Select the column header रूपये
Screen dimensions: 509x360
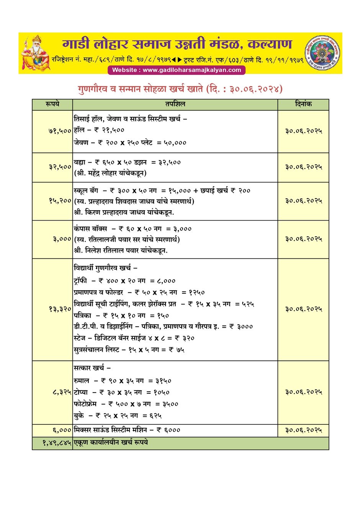[52, 104]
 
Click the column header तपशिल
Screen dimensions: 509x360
[175, 104]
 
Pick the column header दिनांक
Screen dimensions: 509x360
[303, 104]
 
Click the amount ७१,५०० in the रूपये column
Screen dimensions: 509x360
[60, 131]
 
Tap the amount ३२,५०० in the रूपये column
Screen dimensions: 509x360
[60, 167]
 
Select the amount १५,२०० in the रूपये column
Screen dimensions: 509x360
[60, 201]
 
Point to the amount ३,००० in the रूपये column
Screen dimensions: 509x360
[62, 239]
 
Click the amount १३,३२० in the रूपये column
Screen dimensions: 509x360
[60, 309]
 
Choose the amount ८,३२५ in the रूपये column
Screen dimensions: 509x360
[61, 392]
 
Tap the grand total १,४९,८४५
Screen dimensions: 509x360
[57, 443]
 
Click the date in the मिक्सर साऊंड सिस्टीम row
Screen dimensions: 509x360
[303, 430]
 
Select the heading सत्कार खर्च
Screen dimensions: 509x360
[92, 368]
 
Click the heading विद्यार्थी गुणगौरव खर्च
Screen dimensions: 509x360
[105, 268]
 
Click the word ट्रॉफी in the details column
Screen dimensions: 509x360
[80, 281]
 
